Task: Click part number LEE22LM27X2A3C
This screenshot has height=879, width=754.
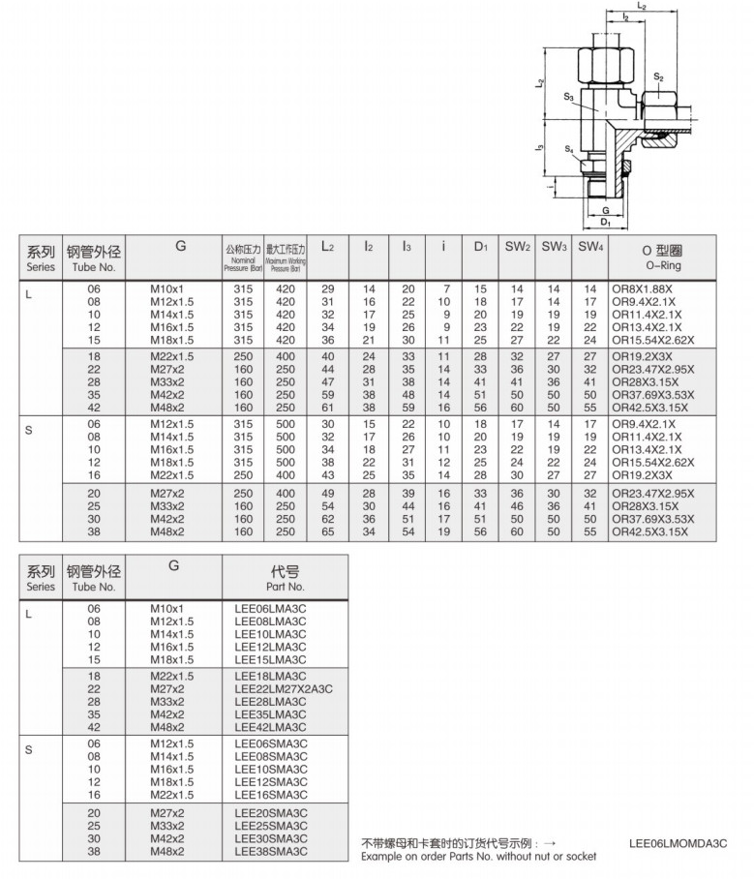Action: coord(284,688)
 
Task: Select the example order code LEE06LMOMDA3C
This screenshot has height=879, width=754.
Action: coord(678,843)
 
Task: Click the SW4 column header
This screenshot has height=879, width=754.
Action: coord(591,248)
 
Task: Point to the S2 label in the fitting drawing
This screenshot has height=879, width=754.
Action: coord(658,76)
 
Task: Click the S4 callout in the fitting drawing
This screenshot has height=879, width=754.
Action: coord(570,148)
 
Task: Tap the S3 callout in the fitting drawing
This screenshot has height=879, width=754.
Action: coord(570,97)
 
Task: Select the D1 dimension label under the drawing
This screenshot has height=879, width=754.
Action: coord(605,222)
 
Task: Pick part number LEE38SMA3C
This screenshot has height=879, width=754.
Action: coord(271,851)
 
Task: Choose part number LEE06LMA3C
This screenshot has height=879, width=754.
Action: coord(271,609)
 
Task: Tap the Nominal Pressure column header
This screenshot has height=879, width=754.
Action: coord(243,256)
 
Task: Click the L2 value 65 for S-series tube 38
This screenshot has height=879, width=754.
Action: coord(327,531)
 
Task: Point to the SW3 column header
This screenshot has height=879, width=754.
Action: coord(554,248)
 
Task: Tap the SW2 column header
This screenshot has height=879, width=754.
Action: coord(517,248)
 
